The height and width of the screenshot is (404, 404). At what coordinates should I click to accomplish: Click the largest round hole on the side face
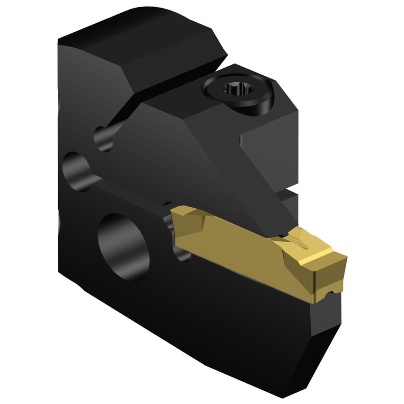[122, 240]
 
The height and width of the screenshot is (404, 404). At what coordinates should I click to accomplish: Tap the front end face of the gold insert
[338, 277]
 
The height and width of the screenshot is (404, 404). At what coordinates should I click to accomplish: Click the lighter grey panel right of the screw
[270, 147]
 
